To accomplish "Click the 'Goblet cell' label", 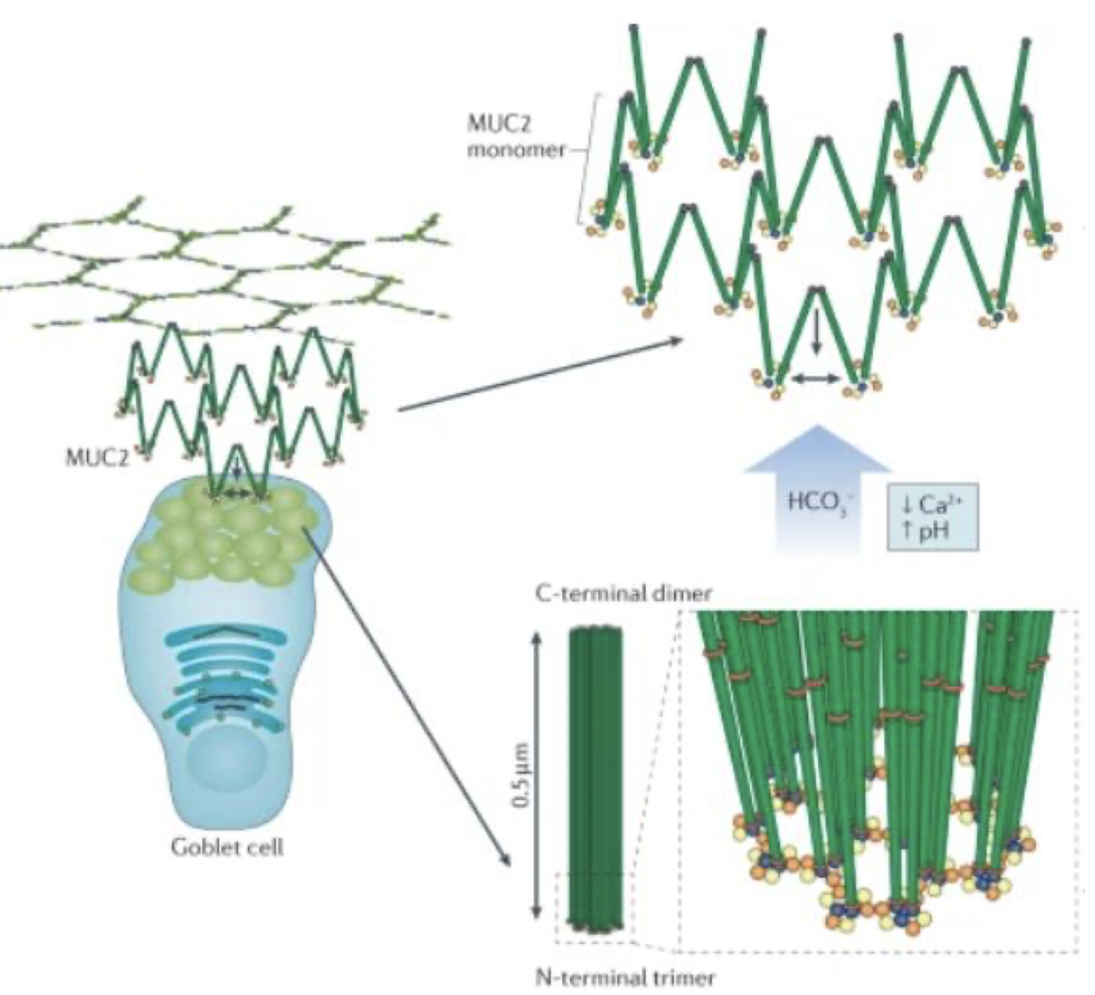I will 227,846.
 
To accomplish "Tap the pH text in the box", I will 926,528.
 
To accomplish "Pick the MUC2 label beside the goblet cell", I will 96,457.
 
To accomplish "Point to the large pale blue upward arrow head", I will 817,451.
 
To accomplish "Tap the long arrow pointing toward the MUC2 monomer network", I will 542,373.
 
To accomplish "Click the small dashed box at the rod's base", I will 594,909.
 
